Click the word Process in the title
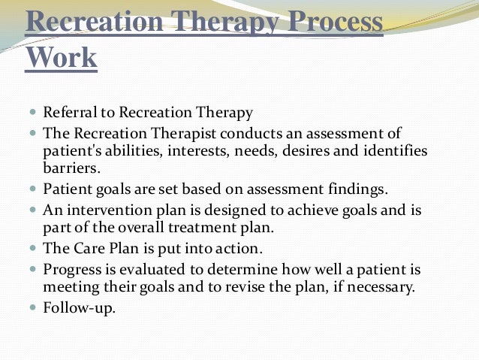click(x=330, y=23)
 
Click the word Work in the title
click(x=62, y=58)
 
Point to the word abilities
click(x=124, y=151)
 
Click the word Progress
click(x=71, y=268)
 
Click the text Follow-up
click(x=80, y=307)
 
